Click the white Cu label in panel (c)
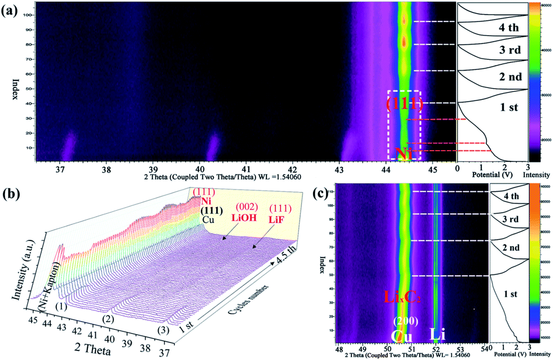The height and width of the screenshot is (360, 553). (x=404, y=336)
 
